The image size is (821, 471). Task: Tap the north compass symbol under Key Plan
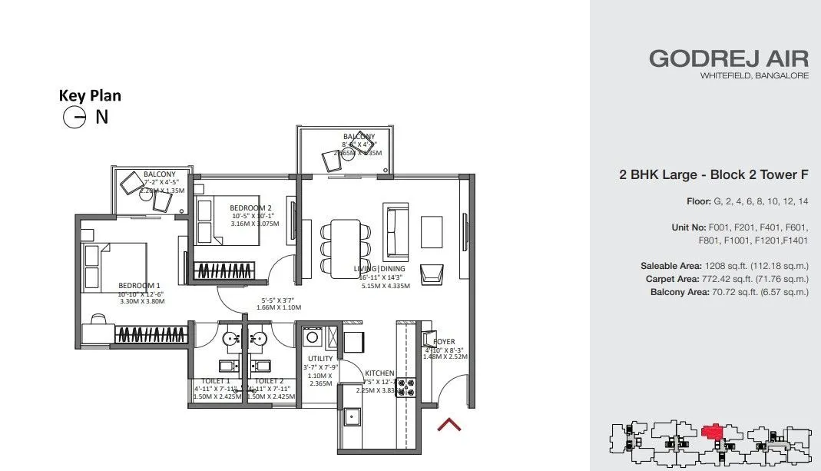coord(74,118)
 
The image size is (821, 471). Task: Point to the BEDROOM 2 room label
coord(250,207)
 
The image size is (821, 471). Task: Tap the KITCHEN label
coord(379,373)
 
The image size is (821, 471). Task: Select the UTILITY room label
coord(319,359)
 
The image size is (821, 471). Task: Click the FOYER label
coord(444,341)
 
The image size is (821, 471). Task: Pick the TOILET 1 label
coord(216,380)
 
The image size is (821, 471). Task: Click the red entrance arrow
coord(449,423)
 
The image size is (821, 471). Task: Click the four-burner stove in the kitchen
coord(405,387)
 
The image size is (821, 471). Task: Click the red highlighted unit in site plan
coord(714,432)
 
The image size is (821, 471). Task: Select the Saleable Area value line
coord(724,266)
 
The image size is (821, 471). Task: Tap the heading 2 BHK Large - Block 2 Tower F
coord(713,174)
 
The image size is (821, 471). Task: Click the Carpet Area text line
coord(727,279)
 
